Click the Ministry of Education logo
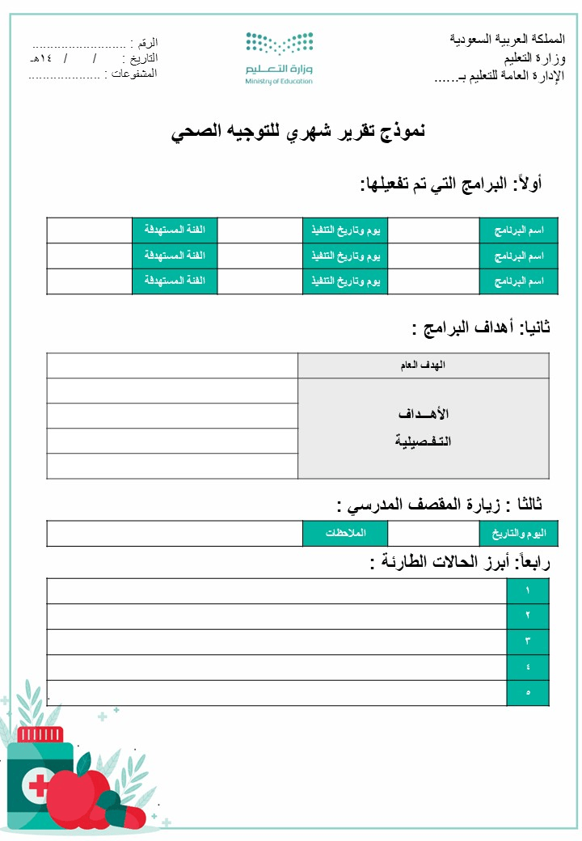coord(279,57)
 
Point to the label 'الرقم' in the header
coord(148,42)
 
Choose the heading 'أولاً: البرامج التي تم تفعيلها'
coord(451,184)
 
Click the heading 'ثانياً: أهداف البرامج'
coord(481,328)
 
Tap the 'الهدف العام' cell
coord(423,366)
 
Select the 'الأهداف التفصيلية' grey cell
coord(423,428)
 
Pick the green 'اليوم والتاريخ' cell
coord(514,534)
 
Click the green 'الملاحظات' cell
coord(345,534)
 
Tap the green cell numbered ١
coord(527,591)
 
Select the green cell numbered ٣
coord(527,642)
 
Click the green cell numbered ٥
coord(527,693)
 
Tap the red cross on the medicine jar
coord(38,784)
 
